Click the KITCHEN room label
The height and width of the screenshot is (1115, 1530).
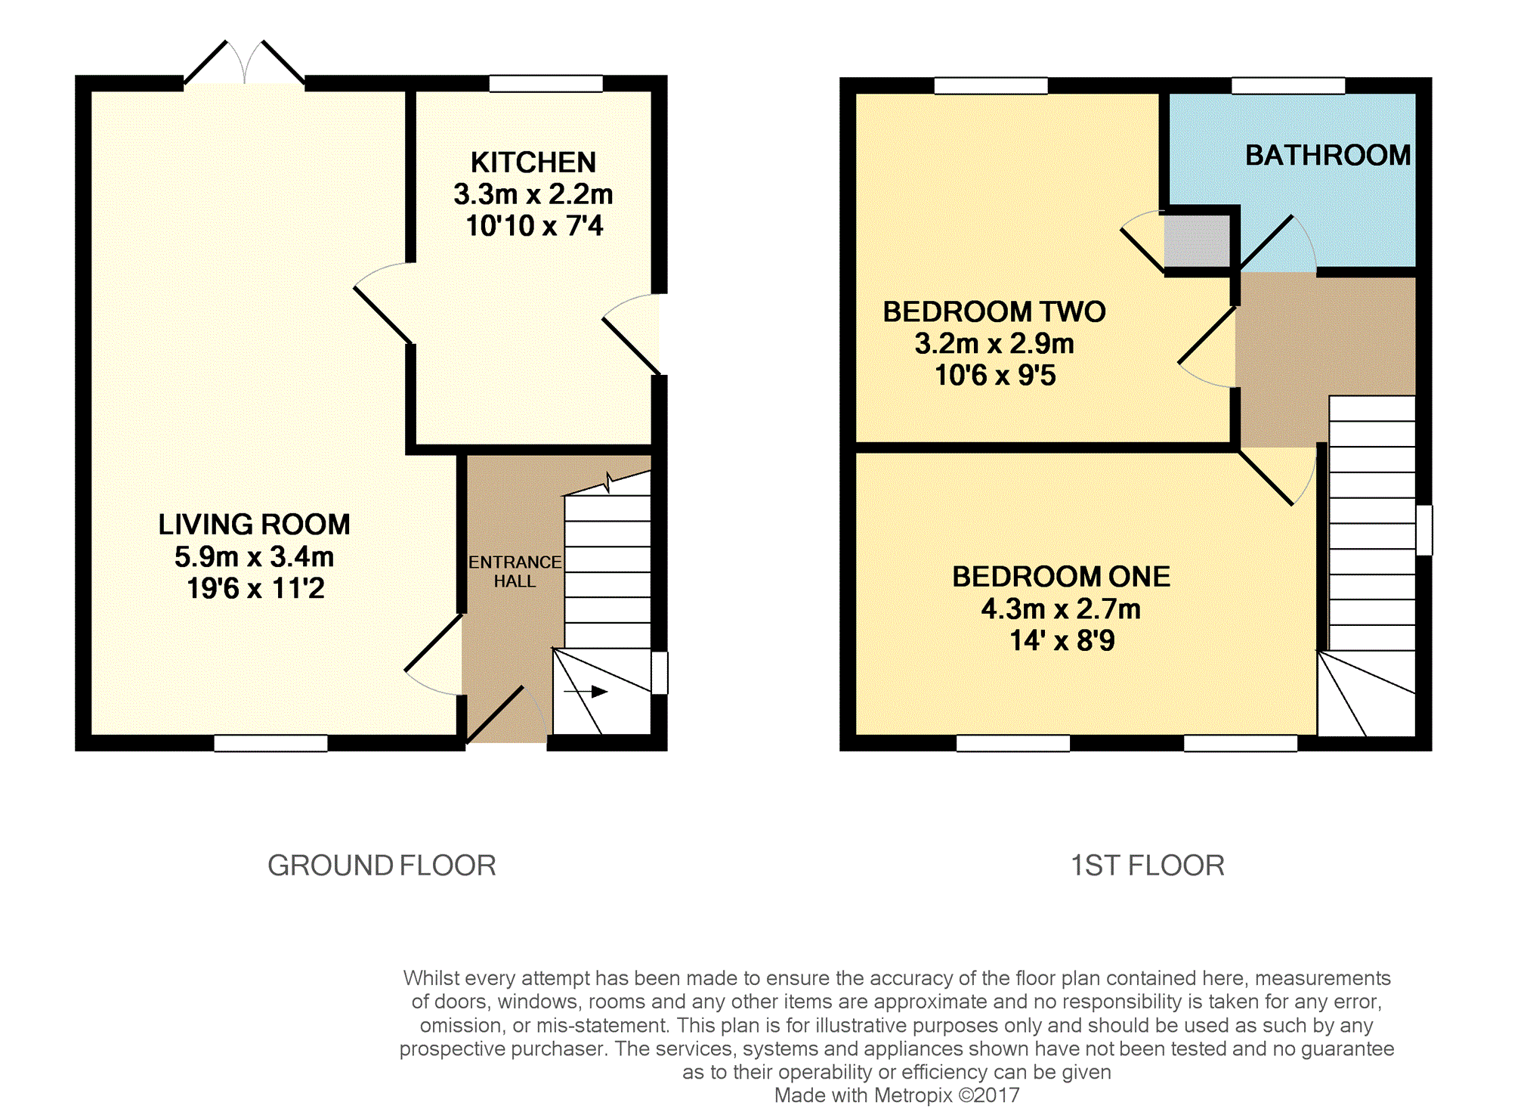click(x=533, y=163)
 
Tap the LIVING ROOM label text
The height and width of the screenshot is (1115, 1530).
click(x=255, y=525)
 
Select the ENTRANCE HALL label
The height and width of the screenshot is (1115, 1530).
click(x=515, y=571)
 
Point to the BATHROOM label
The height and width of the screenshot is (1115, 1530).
click(x=1328, y=155)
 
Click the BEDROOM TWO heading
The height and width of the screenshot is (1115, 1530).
click(x=994, y=311)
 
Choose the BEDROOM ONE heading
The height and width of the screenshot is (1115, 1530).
click(x=1061, y=577)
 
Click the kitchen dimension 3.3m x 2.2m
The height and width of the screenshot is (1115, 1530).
click(x=533, y=194)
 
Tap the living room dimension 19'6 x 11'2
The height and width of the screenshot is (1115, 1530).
click(x=255, y=588)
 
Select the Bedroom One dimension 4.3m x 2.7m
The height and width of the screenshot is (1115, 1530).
click(x=1061, y=609)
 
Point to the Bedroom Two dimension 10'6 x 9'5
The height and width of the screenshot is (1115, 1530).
click(x=995, y=375)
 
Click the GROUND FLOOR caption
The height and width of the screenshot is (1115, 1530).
click(x=382, y=866)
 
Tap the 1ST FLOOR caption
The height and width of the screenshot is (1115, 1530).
click(x=1148, y=866)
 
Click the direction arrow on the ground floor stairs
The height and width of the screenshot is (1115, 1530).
click(x=586, y=692)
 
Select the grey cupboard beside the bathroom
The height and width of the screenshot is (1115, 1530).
click(x=1197, y=240)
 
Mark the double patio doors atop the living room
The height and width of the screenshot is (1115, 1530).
click(x=244, y=62)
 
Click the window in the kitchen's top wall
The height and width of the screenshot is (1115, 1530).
click(x=546, y=83)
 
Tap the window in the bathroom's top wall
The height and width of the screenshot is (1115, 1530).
click(x=1288, y=85)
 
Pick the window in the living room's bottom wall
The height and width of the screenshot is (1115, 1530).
click(x=270, y=743)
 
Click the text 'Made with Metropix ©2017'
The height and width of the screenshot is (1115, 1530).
click(x=897, y=1095)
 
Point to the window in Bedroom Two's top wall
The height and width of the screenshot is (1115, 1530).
click(x=991, y=85)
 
